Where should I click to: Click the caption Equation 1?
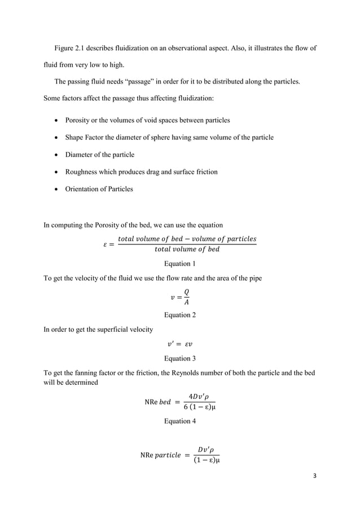coord(179,264)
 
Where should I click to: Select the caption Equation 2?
coord(179,315)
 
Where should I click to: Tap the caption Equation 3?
coord(179,358)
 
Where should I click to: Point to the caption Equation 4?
coord(179,420)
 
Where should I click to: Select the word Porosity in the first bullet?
coord(80,120)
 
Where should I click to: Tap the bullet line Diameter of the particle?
coord(100,155)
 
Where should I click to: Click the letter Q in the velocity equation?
coord(186,292)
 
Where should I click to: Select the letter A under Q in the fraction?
coord(186,302)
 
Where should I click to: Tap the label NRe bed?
coord(157,402)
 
